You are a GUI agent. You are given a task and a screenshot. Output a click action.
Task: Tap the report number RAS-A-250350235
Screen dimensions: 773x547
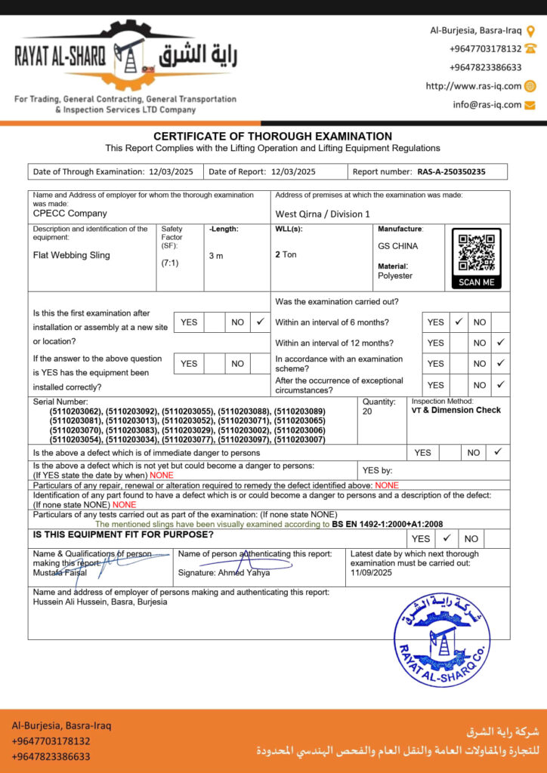tap(451, 171)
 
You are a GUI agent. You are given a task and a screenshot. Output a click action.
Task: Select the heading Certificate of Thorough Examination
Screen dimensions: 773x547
tap(273, 136)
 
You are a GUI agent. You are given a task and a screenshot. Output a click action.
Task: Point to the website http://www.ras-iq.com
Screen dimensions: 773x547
tap(474, 86)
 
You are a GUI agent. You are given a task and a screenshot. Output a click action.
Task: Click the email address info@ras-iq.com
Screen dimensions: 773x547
tap(487, 105)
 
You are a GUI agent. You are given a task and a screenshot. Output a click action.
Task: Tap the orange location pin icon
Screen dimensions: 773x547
tap(530, 31)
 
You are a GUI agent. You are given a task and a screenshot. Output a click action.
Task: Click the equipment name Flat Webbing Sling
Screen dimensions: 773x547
tap(72, 255)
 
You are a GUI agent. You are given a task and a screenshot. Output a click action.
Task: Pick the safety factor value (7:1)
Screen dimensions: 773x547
tap(169, 263)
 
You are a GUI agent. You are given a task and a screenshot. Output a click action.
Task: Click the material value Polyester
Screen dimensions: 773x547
tap(395, 276)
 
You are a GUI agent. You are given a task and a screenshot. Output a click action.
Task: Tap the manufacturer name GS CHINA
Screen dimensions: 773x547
tap(397, 246)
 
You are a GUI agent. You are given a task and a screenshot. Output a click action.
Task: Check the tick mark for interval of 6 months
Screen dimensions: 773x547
tap(459, 322)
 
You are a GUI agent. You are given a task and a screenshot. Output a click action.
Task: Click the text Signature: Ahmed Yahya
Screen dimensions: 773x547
tap(224, 572)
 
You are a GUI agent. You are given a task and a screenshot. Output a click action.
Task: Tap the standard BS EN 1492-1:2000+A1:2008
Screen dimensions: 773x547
tap(387, 523)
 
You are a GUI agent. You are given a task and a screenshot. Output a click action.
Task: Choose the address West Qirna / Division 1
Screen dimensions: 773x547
tap(323, 214)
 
